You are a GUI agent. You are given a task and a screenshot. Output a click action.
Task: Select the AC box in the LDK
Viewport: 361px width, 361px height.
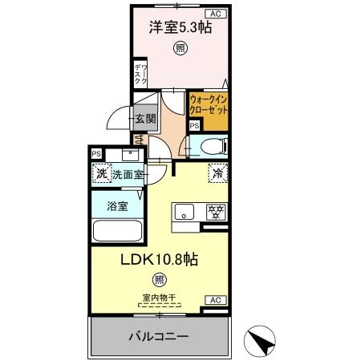point(214,300)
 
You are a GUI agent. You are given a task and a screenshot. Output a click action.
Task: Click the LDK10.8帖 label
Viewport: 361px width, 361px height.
point(160,260)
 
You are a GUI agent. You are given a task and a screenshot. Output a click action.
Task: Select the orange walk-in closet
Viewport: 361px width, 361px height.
point(209,107)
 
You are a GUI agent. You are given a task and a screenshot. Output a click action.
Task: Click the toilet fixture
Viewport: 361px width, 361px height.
point(211,145)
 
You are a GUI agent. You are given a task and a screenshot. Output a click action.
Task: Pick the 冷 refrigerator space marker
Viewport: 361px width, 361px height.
point(217,172)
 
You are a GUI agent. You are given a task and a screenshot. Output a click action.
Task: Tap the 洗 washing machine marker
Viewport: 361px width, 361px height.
point(102,173)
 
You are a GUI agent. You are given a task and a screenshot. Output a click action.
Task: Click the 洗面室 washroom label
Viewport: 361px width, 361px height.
point(127,173)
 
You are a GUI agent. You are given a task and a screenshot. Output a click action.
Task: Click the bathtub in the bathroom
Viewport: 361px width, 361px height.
point(117,230)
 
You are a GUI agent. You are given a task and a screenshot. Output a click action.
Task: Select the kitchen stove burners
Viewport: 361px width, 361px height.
point(214,213)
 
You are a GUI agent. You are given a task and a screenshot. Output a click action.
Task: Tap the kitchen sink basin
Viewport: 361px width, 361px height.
point(184,213)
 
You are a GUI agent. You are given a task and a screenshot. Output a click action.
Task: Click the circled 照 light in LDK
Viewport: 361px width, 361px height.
point(160,280)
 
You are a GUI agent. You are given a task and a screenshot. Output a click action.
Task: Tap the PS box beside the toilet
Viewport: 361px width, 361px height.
point(194,125)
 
